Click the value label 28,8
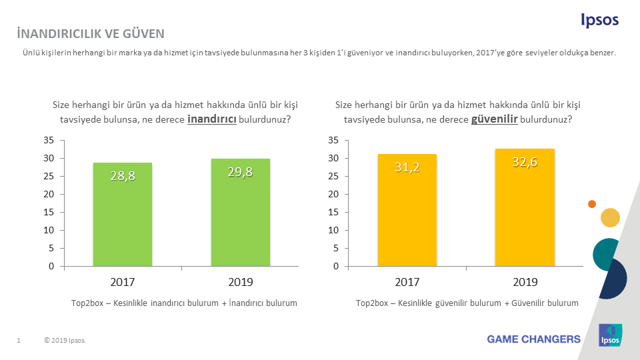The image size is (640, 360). pos(123,176)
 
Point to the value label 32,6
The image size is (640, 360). pos(525,161)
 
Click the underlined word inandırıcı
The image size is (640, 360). pos(212,119)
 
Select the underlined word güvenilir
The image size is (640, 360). pos(495,119)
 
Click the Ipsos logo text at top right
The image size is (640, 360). pos(599,21)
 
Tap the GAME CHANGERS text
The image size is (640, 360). pos(533,339)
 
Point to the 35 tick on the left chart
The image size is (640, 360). pos(48,140)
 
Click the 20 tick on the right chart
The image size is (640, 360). pos(333,194)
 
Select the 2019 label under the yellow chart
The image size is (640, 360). pos(525,281)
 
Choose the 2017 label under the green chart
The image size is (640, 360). pos(123,281)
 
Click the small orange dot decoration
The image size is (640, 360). pos(591,203)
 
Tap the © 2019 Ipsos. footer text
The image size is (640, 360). pos(65,341)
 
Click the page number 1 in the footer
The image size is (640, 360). pos(19,341)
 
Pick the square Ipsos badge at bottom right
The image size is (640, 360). pos(610,335)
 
